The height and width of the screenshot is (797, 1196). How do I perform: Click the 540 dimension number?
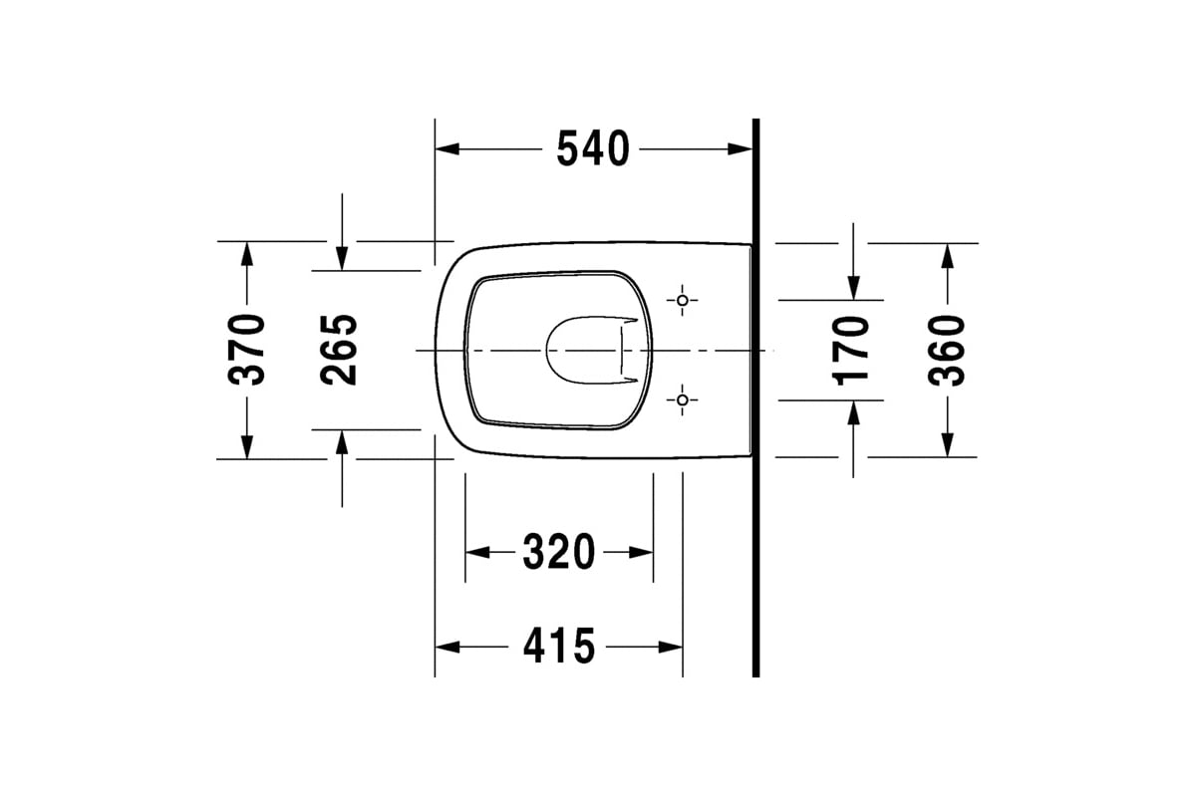coord(593,149)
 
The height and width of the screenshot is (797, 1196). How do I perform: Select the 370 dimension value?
coord(246,350)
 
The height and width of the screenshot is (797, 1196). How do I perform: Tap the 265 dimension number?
coord(339,350)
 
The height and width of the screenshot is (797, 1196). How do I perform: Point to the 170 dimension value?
coord(852,350)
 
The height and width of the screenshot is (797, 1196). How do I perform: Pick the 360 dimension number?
coord(946,350)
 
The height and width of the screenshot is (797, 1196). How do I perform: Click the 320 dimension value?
coord(559,552)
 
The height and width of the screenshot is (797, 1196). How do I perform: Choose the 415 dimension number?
coord(559,647)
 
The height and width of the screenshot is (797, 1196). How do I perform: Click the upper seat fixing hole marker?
coord(682,300)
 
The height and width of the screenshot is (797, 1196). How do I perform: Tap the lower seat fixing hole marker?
coord(682,400)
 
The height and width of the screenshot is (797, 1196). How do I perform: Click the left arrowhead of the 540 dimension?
coord(447,149)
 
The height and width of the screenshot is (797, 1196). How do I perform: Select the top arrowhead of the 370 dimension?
coord(246,253)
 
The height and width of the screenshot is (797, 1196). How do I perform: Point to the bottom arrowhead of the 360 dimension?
coord(947,445)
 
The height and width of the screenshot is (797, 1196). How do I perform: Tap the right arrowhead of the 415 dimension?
coord(672,647)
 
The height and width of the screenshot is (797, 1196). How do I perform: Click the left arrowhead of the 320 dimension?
coord(477,552)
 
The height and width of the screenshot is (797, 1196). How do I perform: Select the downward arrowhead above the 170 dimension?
coord(853,288)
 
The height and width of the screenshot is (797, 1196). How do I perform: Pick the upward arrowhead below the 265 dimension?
coord(342,441)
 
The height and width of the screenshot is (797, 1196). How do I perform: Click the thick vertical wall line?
coord(755,398)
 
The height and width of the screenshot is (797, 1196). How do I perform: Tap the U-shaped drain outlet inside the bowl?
coord(588,351)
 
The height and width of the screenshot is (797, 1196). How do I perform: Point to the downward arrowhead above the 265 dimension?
coord(342,259)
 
